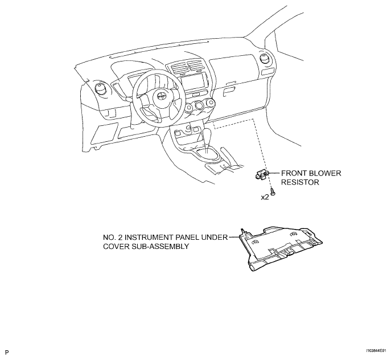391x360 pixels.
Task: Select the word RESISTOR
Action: [300, 182]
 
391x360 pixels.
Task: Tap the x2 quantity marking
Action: [265, 197]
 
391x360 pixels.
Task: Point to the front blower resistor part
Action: [262, 174]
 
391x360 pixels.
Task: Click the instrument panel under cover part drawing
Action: [281, 249]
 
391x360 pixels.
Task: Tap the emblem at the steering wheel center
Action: [160, 96]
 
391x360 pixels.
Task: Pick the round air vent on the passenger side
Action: [265, 59]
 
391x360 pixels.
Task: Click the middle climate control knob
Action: [200, 105]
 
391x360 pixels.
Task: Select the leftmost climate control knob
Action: [189, 108]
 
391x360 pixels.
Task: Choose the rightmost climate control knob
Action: [211, 103]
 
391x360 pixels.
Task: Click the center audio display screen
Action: [194, 83]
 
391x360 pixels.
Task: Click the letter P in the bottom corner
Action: [7, 353]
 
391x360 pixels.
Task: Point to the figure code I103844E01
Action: [376, 351]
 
